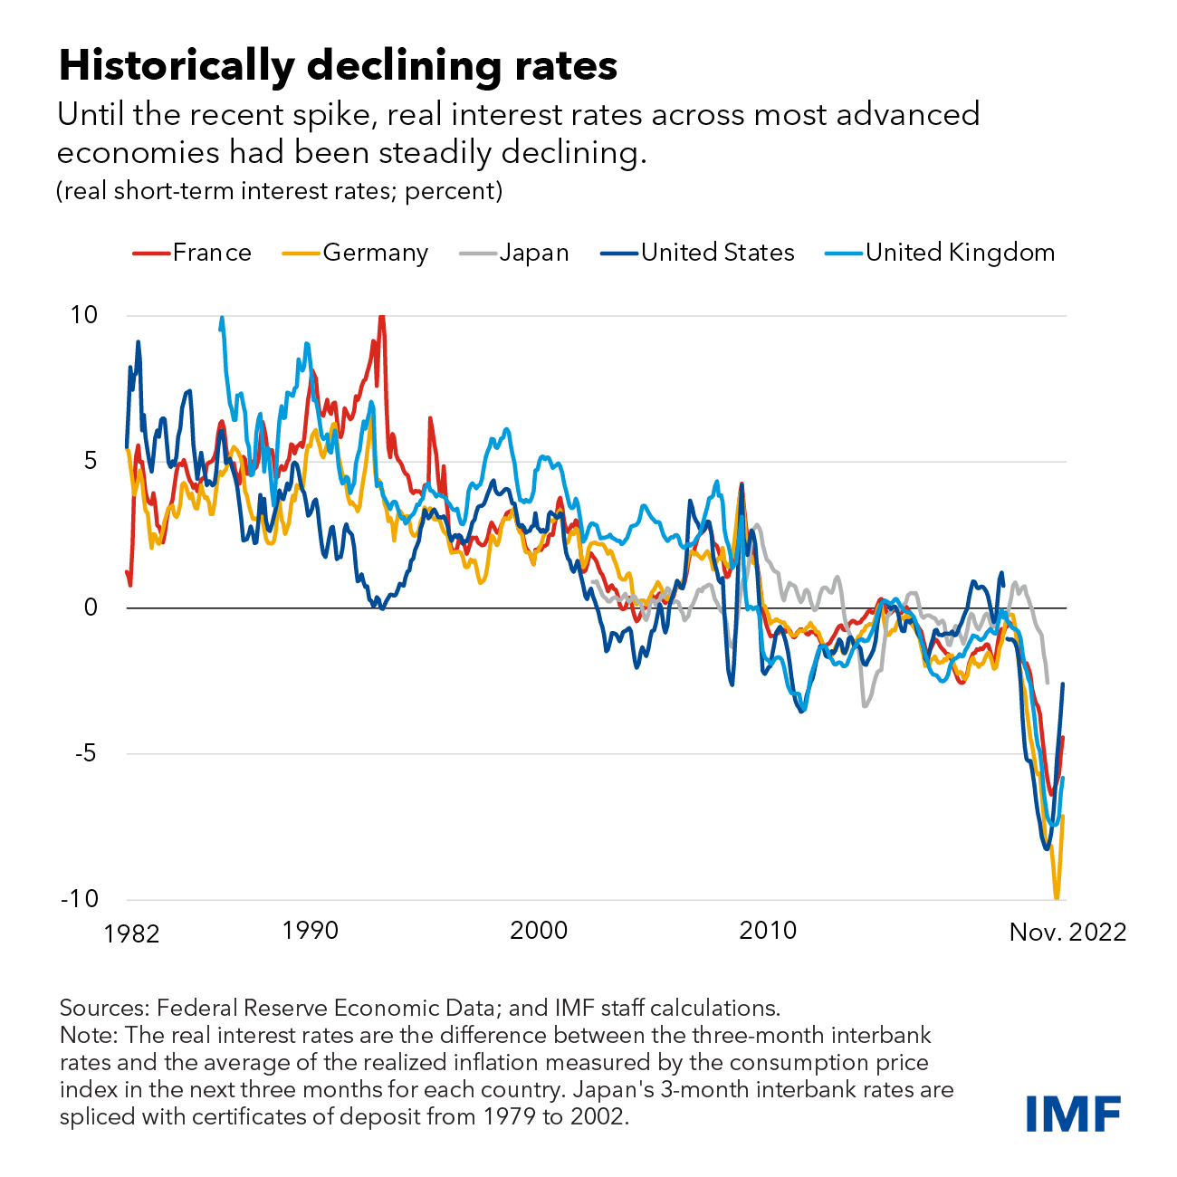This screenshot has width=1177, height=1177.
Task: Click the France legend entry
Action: point(192,253)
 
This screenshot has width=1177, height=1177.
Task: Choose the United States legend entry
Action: point(698,253)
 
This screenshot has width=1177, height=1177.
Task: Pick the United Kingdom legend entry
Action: point(941,253)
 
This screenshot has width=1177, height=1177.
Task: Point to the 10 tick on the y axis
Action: point(83,315)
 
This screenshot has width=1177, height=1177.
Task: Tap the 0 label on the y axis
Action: point(91,608)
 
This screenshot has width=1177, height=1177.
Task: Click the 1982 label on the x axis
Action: point(132,933)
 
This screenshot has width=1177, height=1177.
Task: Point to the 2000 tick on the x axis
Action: point(539,930)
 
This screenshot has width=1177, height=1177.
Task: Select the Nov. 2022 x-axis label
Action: point(1067,933)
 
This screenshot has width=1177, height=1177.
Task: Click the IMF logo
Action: point(1074,1113)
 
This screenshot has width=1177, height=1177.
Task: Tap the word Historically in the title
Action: point(177,66)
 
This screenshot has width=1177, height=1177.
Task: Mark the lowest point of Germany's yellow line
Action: point(1056,897)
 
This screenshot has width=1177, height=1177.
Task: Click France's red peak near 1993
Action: point(381,317)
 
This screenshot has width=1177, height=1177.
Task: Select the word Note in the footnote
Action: point(88,1035)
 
